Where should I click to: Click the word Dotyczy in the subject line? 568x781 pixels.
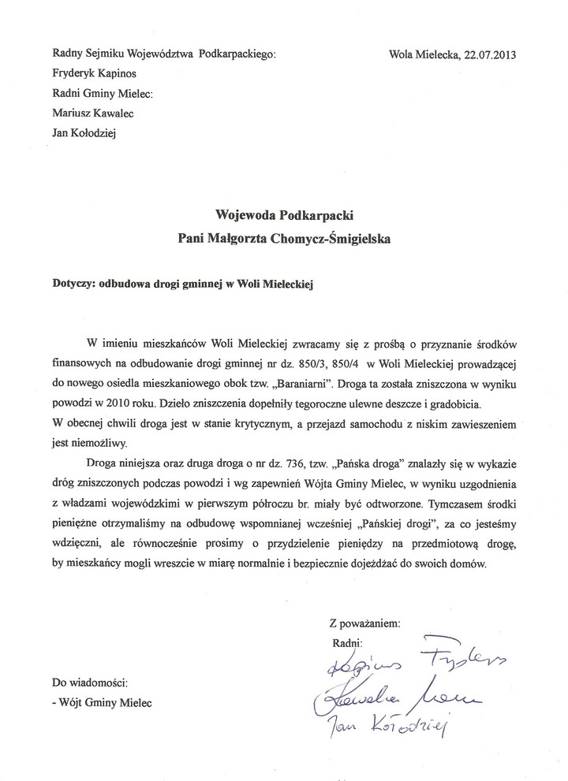[x=70, y=288]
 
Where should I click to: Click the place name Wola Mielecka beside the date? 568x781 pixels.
[x=423, y=54]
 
